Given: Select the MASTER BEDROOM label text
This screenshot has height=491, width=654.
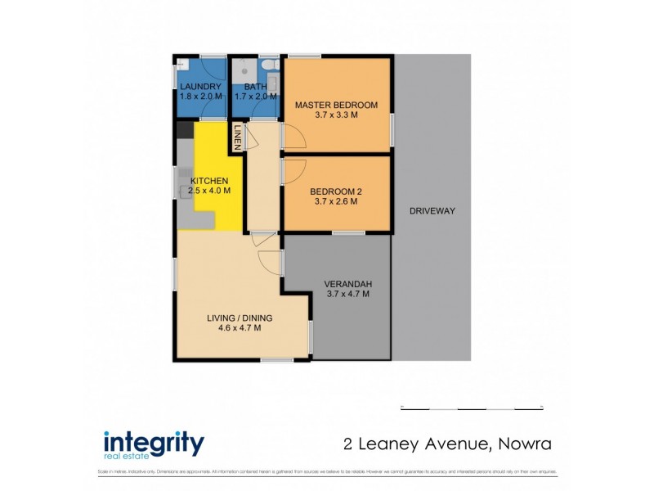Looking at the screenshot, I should (x=336, y=105).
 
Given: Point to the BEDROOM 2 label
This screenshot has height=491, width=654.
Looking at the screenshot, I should (x=335, y=192).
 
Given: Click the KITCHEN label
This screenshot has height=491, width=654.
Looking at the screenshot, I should (x=209, y=181).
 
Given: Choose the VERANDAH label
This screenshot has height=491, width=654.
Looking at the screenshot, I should (x=347, y=285).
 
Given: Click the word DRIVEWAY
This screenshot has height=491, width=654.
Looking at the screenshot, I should (x=432, y=211).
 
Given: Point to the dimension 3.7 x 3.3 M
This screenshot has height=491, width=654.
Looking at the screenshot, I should (x=336, y=115).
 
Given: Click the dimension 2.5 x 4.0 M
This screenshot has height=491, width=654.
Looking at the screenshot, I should (x=209, y=191).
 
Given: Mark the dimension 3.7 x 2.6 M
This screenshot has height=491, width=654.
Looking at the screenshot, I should (x=335, y=202).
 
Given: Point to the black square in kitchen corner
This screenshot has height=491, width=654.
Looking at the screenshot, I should (x=185, y=129).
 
